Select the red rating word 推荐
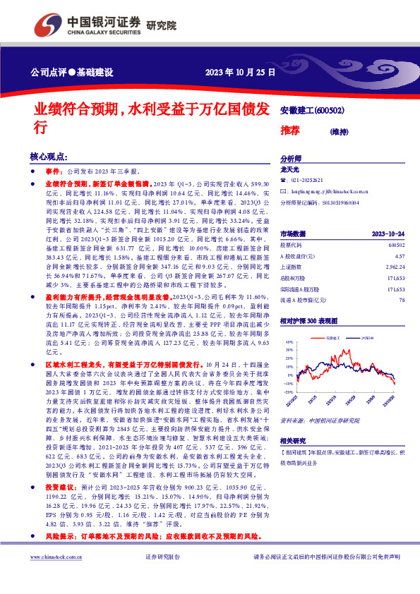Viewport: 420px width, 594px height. point(290,131)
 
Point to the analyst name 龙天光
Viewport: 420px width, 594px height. point(291,170)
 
